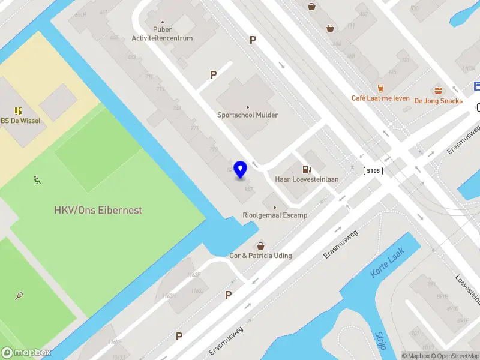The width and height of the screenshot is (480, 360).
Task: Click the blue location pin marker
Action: point(241,170)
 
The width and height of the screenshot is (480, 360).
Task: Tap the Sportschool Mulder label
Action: point(248,115)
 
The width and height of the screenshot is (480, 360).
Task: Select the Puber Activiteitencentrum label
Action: point(163,34)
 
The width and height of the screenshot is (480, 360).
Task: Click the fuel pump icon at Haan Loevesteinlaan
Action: point(307,170)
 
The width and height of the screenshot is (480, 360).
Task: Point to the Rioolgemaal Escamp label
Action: point(275,215)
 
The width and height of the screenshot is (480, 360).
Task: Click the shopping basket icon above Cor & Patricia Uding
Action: point(260,245)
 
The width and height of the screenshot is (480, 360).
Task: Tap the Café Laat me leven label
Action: point(380,98)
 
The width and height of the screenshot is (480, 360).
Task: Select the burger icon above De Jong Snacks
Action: point(438,91)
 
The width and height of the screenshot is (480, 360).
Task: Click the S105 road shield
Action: point(373,171)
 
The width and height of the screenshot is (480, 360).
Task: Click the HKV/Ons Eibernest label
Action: point(98,211)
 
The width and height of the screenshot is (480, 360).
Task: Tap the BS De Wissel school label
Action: point(22,121)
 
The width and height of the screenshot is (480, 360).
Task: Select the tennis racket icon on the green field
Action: point(19,296)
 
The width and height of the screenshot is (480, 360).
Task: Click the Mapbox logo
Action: point(26,353)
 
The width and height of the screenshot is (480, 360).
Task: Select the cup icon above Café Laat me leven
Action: point(380,88)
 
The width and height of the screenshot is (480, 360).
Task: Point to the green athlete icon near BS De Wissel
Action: point(37,179)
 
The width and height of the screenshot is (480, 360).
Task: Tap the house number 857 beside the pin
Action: point(248,188)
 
